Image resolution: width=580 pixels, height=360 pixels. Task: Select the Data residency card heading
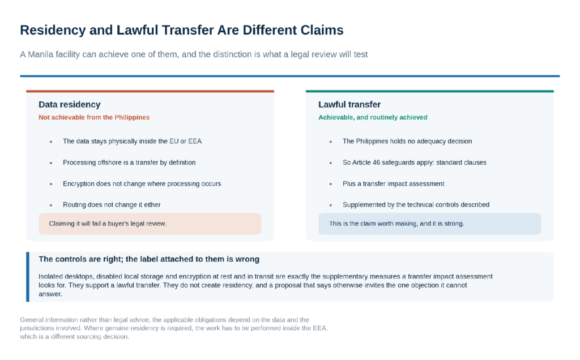click(x=70, y=105)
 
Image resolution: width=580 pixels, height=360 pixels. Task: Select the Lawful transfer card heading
click(x=349, y=105)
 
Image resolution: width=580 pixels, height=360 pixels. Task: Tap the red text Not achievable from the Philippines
click(x=94, y=118)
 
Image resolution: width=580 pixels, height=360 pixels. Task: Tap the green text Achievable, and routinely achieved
click(x=373, y=118)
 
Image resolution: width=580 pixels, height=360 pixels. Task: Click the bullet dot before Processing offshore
click(x=50, y=163)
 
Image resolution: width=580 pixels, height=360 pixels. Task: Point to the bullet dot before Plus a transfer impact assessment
click(x=331, y=184)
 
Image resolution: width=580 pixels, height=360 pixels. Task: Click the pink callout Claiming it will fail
click(x=150, y=224)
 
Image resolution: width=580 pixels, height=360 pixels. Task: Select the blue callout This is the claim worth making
click(x=430, y=224)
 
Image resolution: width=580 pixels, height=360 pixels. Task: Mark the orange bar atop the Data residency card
click(x=150, y=91)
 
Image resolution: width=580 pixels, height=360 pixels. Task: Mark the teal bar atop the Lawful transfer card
click(x=430, y=91)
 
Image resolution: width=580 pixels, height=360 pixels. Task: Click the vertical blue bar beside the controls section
click(x=28, y=277)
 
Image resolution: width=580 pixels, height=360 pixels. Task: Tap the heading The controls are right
click(x=149, y=259)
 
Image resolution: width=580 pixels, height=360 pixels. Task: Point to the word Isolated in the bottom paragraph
click(x=50, y=276)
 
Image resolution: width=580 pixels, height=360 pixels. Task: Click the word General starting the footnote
click(x=32, y=320)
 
